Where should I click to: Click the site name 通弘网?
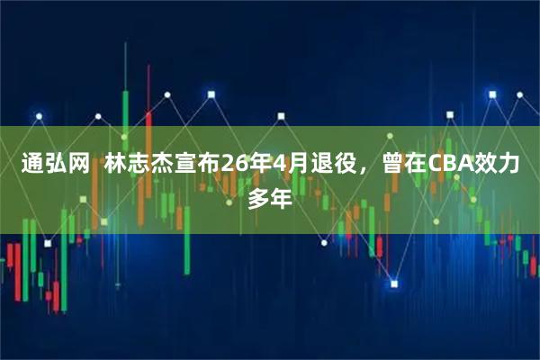pyautogui.click(x=55, y=165)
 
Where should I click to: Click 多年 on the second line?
pyautogui.click(x=270, y=198)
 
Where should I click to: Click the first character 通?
pyautogui.click(x=31, y=165)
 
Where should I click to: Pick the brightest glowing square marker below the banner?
pyautogui.click(x=393, y=284)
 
